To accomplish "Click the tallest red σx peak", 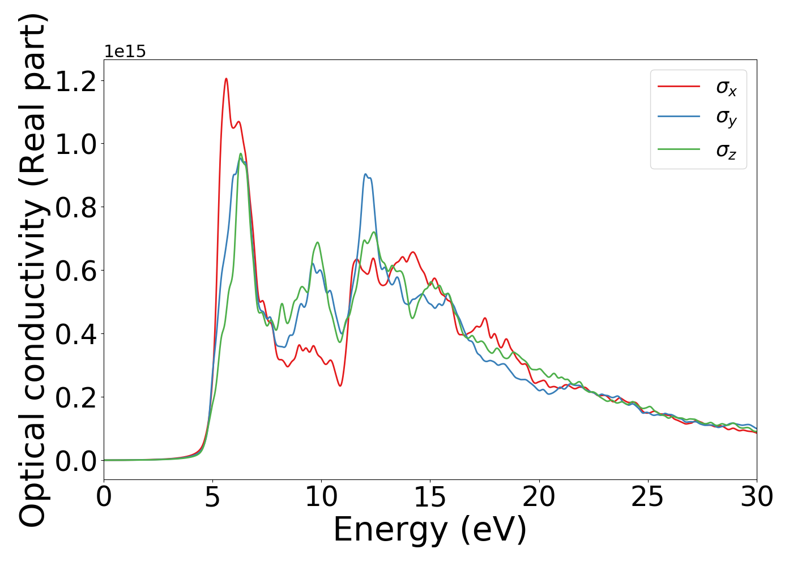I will (x=226, y=79).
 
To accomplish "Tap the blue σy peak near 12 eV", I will (x=365, y=174).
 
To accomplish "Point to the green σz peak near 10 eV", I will (x=317, y=242).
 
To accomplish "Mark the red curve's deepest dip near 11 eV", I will (x=340, y=386).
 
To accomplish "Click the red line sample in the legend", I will (x=679, y=86).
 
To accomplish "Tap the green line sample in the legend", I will (x=679, y=149).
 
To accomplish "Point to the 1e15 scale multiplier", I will (x=125, y=52).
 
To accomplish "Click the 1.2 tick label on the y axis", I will (x=76, y=81).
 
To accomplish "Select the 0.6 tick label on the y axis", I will (x=76, y=271).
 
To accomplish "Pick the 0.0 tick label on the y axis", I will (x=76, y=461).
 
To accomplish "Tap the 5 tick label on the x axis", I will (x=212, y=497).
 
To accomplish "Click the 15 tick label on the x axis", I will (x=430, y=497).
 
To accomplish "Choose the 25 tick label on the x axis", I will (x=647, y=497).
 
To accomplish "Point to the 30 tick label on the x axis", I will (x=756, y=497).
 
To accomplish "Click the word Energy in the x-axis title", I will (x=391, y=530).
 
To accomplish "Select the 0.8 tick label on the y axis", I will (x=76, y=207).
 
